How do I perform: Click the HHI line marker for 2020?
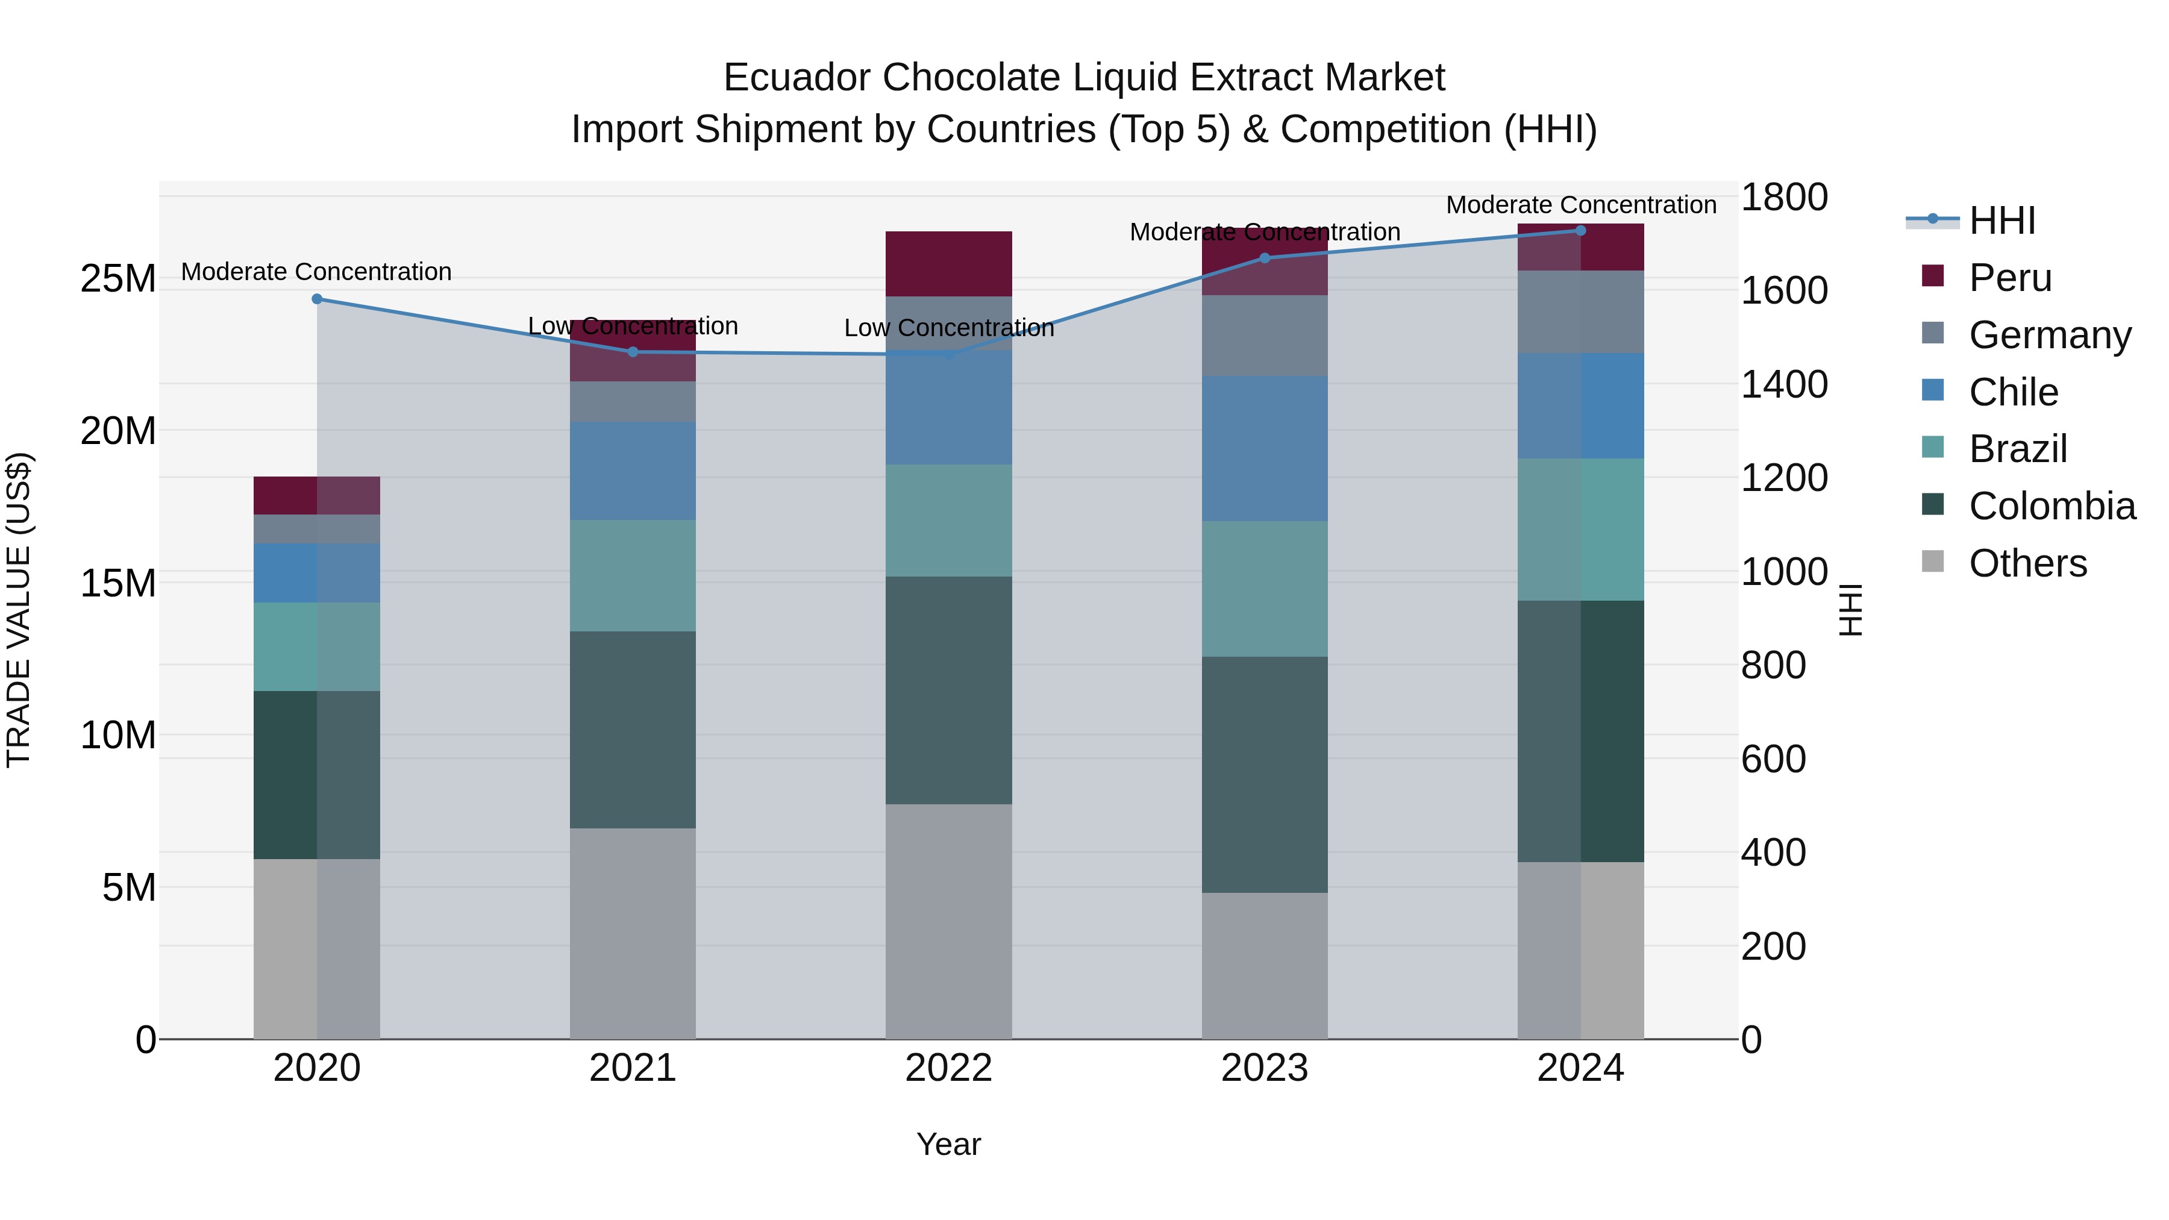(316, 299)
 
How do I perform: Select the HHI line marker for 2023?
(1264, 258)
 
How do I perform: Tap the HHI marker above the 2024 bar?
(1580, 230)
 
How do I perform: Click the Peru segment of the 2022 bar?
(948, 263)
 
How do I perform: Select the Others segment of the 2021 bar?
(633, 933)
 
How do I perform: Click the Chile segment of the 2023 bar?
(1264, 448)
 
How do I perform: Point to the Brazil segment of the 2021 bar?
(633, 575)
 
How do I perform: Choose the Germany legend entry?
(2050, 334)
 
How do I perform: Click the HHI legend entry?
(2002, 221)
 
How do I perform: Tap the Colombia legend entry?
(2051, 506)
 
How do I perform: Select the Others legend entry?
(2027, 563)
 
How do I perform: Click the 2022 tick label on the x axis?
(948, 1068)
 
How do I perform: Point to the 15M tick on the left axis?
(118, 583)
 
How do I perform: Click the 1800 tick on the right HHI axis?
(1783, 197)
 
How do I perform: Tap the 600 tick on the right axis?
(1773, 759)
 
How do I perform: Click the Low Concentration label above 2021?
(633, 326)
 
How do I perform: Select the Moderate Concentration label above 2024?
(1580, 205)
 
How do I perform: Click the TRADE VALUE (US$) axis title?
(19, 610)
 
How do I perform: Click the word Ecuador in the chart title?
(796, 78)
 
